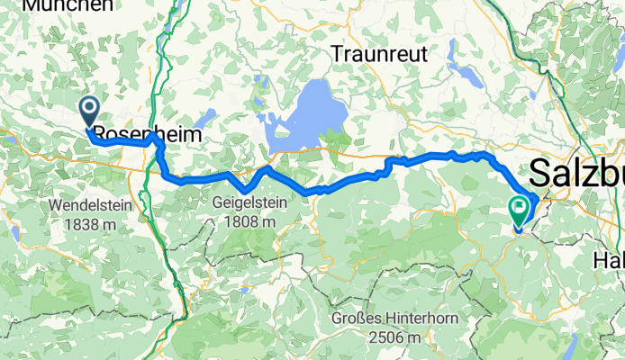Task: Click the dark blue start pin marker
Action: coord(90,112)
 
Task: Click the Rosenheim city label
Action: coord(144,133)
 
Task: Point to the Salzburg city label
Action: coord(576,171)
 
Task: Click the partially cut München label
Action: coord(68,5)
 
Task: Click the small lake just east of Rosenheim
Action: coord(206,116)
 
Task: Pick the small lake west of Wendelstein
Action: coord(15,233)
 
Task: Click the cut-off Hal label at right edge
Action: coord(609,259)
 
